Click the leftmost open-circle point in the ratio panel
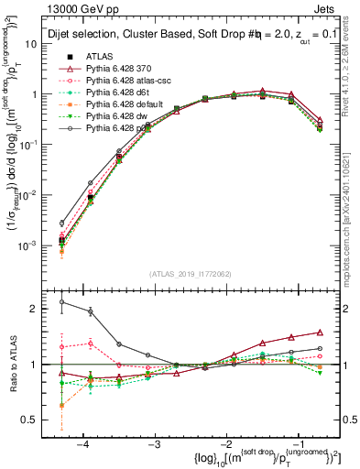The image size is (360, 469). pyautogui.click(x=61, y=301)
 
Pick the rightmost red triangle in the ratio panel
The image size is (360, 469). pyautogui.click(x=320, y=332)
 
